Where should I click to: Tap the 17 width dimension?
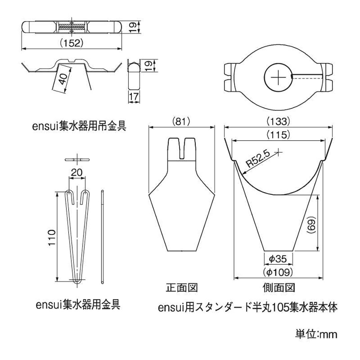[134, 97]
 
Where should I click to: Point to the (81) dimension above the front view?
[181, 122]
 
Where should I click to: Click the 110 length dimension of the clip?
[51, 238]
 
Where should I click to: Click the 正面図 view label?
[182, 287]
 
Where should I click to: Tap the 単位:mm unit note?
[316, 334]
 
